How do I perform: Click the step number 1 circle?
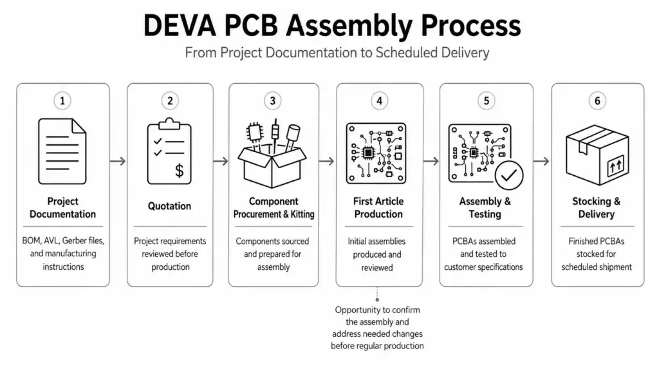coord(62,101)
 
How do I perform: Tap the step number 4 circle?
coord(379,101)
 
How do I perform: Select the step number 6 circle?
coord(597,101)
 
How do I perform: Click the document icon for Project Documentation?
coord(62,151)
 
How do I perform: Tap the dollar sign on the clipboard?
coord(180,170)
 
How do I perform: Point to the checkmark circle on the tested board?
coord(509,175)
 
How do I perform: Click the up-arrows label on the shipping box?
coord(616,166)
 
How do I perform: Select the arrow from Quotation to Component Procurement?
coord(221,161)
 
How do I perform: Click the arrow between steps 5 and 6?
coord(541,161)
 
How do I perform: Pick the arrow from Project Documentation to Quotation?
coord(118,161)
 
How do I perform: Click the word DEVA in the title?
coord(180,26)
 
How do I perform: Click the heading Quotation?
coord(169,206)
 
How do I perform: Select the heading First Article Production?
coord(378,208)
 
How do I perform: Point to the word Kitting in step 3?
coord(302,214)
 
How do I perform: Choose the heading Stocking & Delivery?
coord(597,208)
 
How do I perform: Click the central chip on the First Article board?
coord(368,153)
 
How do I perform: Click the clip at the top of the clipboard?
coord(169,124)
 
